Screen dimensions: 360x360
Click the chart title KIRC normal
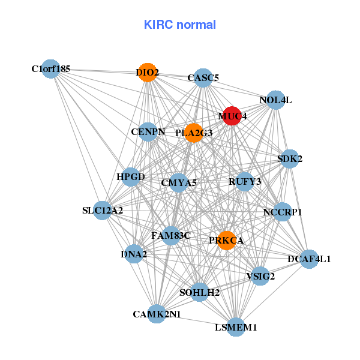coord(179,25)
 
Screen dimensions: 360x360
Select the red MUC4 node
coord(232,115)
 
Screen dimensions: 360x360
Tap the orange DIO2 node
coord(147,73)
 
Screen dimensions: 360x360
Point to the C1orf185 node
coord(51,69)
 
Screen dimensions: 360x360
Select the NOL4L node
coord(275,100)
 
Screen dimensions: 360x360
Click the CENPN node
coord(148,132)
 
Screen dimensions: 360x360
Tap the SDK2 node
coord(290,159)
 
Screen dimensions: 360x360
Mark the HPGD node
coord(131,178)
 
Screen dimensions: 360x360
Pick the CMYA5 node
coord(179,183)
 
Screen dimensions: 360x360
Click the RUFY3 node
coord(245,181)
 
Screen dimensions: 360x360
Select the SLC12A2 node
coord(103,211)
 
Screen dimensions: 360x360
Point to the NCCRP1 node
coord(283,212)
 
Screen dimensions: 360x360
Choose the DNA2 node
coord(134,254)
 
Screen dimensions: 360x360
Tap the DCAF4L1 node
coord(309,259)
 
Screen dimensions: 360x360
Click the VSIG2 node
coord(260,277)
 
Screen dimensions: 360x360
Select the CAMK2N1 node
coord(157,314)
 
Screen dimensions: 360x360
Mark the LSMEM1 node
coord(236,327)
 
